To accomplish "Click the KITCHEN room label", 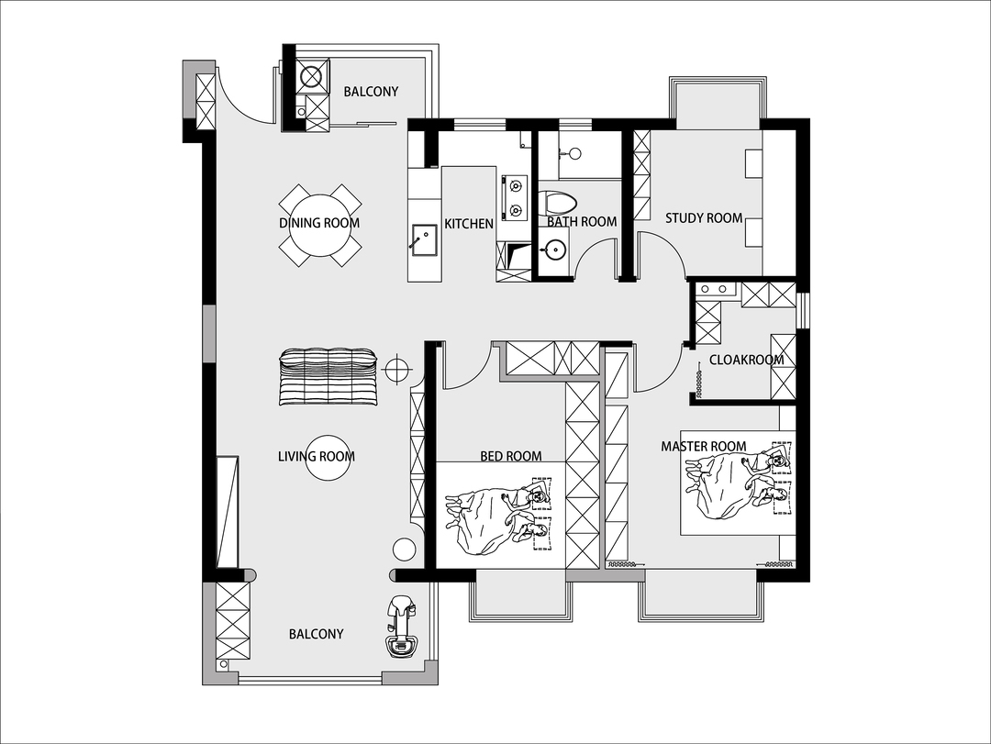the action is [x=468, y=224].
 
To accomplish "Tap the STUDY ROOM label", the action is [x=704, y=218].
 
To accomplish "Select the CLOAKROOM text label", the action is [x=746, y=360].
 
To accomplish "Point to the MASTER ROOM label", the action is [x=704, y=446].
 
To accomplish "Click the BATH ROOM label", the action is [x=582, y=222].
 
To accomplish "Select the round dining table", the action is [x=320, y=225].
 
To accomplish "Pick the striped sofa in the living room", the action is [x=328, y=376].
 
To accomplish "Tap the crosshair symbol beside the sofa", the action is [x=396, y=368].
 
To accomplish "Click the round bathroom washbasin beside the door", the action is [x=553, y=251].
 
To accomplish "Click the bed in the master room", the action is [x=738, y=483].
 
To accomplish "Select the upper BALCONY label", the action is [x=371, y=92].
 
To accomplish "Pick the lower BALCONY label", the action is [x=316, y=634].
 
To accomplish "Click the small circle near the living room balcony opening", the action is [x=404, y=550].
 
